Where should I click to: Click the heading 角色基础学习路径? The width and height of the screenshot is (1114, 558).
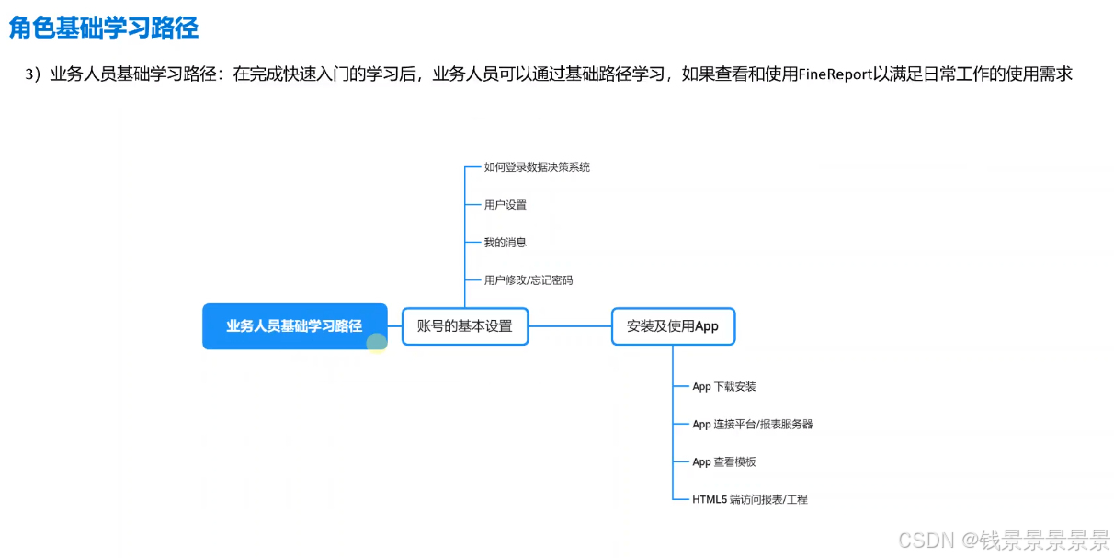coord(104,28)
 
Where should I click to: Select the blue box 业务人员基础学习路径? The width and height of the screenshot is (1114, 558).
coord(294,326)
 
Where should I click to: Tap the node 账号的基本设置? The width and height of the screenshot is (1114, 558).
coord(465,326)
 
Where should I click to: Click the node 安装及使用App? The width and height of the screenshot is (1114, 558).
coord(673,326)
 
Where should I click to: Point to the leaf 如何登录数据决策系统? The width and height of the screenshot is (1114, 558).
coord(537,167)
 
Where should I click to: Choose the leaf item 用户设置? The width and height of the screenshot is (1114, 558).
coord(506,205)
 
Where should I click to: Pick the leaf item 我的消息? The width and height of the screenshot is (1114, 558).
coord(506,242)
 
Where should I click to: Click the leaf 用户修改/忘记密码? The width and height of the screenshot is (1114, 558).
coord(529,279)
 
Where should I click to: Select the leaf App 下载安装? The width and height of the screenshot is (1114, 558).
coord(723,387)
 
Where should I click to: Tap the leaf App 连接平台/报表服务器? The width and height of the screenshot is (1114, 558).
coord(752,425)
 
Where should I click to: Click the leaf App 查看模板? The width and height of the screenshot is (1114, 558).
coord(723,461)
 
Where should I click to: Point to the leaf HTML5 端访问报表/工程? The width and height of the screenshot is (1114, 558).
coord(749,499)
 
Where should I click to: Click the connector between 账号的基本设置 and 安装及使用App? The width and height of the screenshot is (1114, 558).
coord(570,326)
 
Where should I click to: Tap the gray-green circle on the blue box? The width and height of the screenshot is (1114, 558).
coord(377,344)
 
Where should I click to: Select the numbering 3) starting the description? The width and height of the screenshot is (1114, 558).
coord(34,74)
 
